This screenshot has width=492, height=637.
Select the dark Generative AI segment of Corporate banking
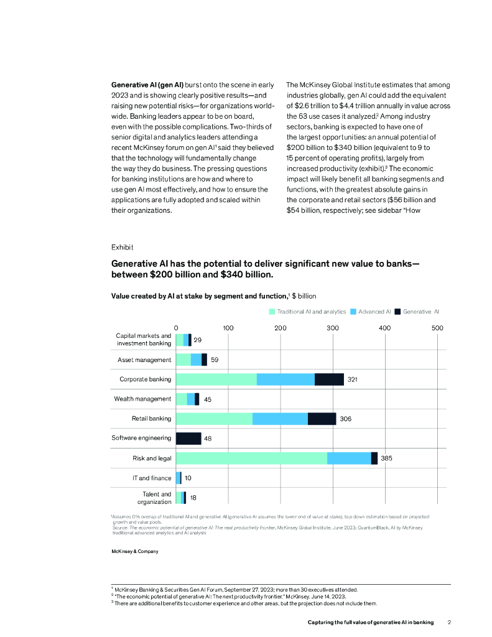click(x=329, y=379)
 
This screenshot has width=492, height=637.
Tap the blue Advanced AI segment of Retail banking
click(x=280, y=419)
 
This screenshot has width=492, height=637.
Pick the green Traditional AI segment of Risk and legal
click(x=251, y=458)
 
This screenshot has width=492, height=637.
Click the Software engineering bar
click(x=188, y=439)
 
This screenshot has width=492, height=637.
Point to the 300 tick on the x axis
click(x=333, y=328)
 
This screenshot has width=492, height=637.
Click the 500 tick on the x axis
click(x=437, y=328)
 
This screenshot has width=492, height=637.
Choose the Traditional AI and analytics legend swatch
click(x=272, y=311)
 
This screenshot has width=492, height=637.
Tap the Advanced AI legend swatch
click(x=354, y=311)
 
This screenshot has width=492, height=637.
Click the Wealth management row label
click(x=142, y=399)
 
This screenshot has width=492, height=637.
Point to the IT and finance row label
click(x=151, y=478)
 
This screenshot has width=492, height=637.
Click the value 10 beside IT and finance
click(x=188, y=478)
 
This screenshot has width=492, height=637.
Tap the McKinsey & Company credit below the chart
click(x=135, y=551)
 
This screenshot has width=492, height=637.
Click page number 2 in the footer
click(x=449, y=622)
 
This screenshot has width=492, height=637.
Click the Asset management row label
click(x=144, y=360)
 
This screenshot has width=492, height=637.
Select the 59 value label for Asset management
click(x=215, y=360)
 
